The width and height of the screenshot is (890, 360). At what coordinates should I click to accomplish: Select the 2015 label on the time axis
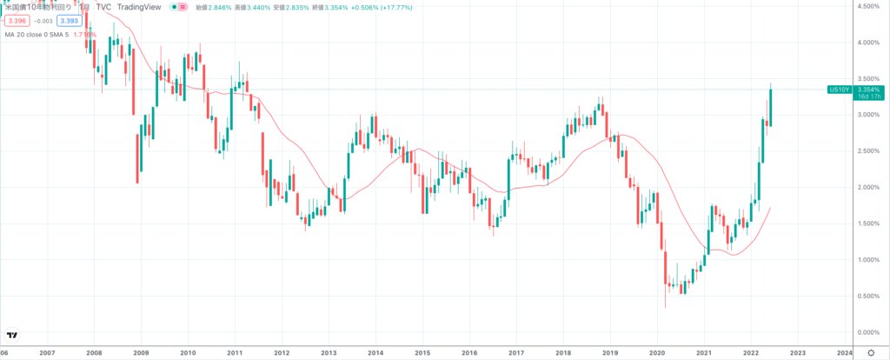(x=422, y=352)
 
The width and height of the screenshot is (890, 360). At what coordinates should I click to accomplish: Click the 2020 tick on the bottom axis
(x=657, y=352)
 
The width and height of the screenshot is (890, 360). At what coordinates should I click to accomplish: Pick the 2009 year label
(x=141, y=352)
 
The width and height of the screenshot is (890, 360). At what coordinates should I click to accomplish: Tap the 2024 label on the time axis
(x=844, y=352)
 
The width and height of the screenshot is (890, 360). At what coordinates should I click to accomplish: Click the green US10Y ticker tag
(x=839, y=90)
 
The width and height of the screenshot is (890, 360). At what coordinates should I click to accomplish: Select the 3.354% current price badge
(x=868, y=90)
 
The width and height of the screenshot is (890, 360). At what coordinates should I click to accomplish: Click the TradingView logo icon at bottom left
(x=12, y=336)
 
